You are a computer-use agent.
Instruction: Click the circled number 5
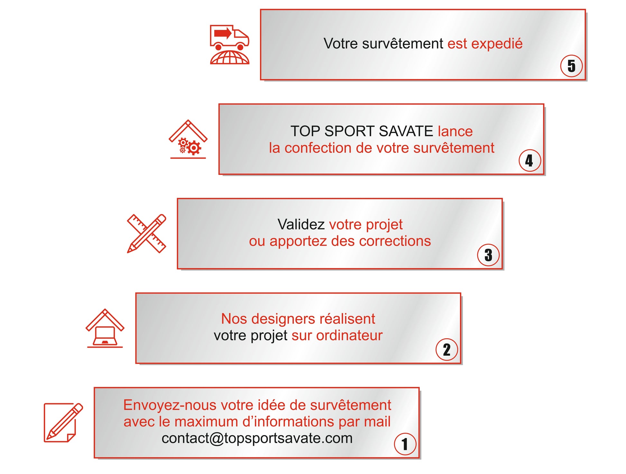[x=571, y=66]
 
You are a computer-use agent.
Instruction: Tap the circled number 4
[x=529, y=160]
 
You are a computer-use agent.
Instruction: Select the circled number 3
[x=488, y=255]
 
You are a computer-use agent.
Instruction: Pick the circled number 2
[x=446, y=350]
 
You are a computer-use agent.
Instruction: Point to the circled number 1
[x=405, y=444]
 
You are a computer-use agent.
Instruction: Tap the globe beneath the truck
[x=229, y=58]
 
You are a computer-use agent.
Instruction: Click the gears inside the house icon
[x=190, y=146]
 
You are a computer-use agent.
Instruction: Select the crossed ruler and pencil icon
[x=147, y=233]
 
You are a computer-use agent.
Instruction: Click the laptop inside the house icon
[x=105, y=336]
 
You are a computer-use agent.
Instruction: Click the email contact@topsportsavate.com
[x=257, y=438]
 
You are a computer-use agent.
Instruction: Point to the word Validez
[x=301, y=224]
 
